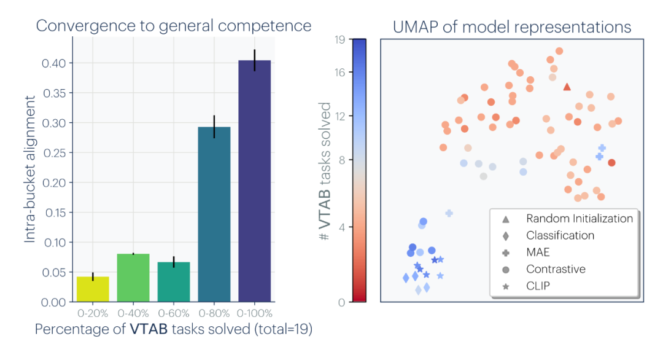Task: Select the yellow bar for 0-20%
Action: (x=93, y=289)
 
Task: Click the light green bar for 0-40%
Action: (x=133, y=278)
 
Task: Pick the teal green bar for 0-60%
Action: (x=174, y=282)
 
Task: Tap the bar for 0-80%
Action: (x=214, y=214)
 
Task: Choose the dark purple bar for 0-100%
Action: (x=255, y=181)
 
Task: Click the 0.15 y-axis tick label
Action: (x=56, y=213)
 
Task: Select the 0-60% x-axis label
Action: (x=174, y=313)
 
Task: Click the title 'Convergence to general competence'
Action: (x=173, y=26)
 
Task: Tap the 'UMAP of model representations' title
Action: (x=512, y=27)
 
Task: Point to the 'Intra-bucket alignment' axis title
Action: (x=29, y=169)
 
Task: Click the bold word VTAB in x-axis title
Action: (x=149, y=329)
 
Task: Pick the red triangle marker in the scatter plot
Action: (x=567, y=87)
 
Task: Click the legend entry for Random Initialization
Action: (x=567, y=218)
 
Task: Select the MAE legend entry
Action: (x=525, y=252)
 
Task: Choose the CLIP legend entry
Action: (x=525, y=286)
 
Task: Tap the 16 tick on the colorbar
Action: (x=340, y=72)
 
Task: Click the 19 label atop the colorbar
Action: (x=340, y=40)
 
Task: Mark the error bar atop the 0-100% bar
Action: (x=255, y=60)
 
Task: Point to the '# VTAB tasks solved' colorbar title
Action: (x=324, y=171)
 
